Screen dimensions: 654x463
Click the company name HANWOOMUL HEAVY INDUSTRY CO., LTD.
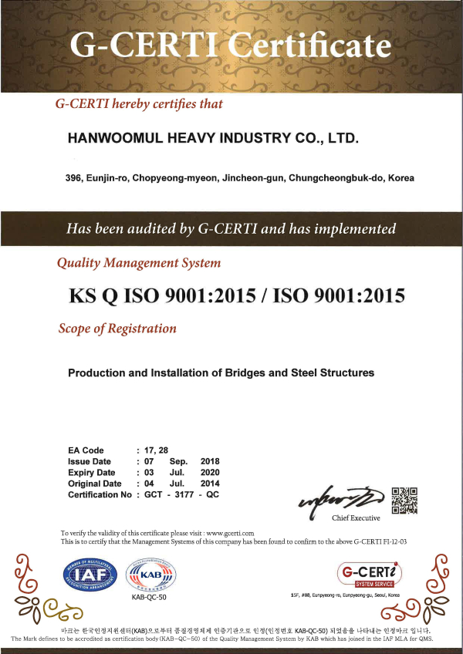click(214, 139)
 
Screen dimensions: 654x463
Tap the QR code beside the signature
click(404, 501)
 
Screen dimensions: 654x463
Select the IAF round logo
click(86, 575)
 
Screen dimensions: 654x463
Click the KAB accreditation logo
click(150, 575)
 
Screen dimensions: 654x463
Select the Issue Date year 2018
click(210, 461)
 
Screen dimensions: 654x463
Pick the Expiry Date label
click(92, 472)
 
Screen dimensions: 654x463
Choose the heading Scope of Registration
click(117, 329)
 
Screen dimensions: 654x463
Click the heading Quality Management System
click(139, 263)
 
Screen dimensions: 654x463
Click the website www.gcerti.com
click(230, 533)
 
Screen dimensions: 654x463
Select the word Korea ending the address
click(400, 178)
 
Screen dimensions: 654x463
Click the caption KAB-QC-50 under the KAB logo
click(150, 598)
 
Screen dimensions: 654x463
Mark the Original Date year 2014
click(210, 484)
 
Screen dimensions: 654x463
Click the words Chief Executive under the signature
click(356, 517)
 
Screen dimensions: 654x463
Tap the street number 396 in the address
click(74, 178)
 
